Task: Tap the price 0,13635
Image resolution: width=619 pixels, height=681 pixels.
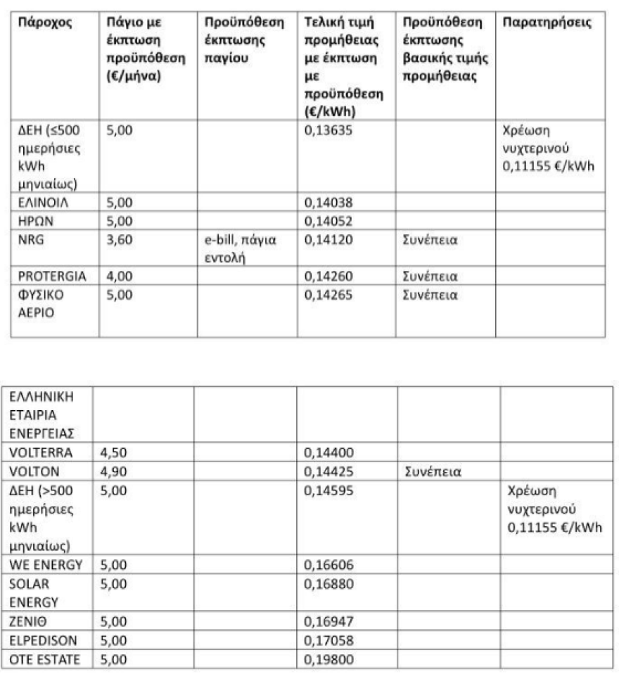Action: pos(327,131)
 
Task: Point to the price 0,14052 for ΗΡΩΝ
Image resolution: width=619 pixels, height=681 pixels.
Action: pos(327,221)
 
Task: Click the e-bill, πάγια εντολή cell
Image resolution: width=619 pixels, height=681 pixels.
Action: pos(236,248)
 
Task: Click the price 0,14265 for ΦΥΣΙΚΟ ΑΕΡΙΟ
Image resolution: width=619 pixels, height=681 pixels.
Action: pos(327,294)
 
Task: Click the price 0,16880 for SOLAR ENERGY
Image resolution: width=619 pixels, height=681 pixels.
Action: pos(327,583)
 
